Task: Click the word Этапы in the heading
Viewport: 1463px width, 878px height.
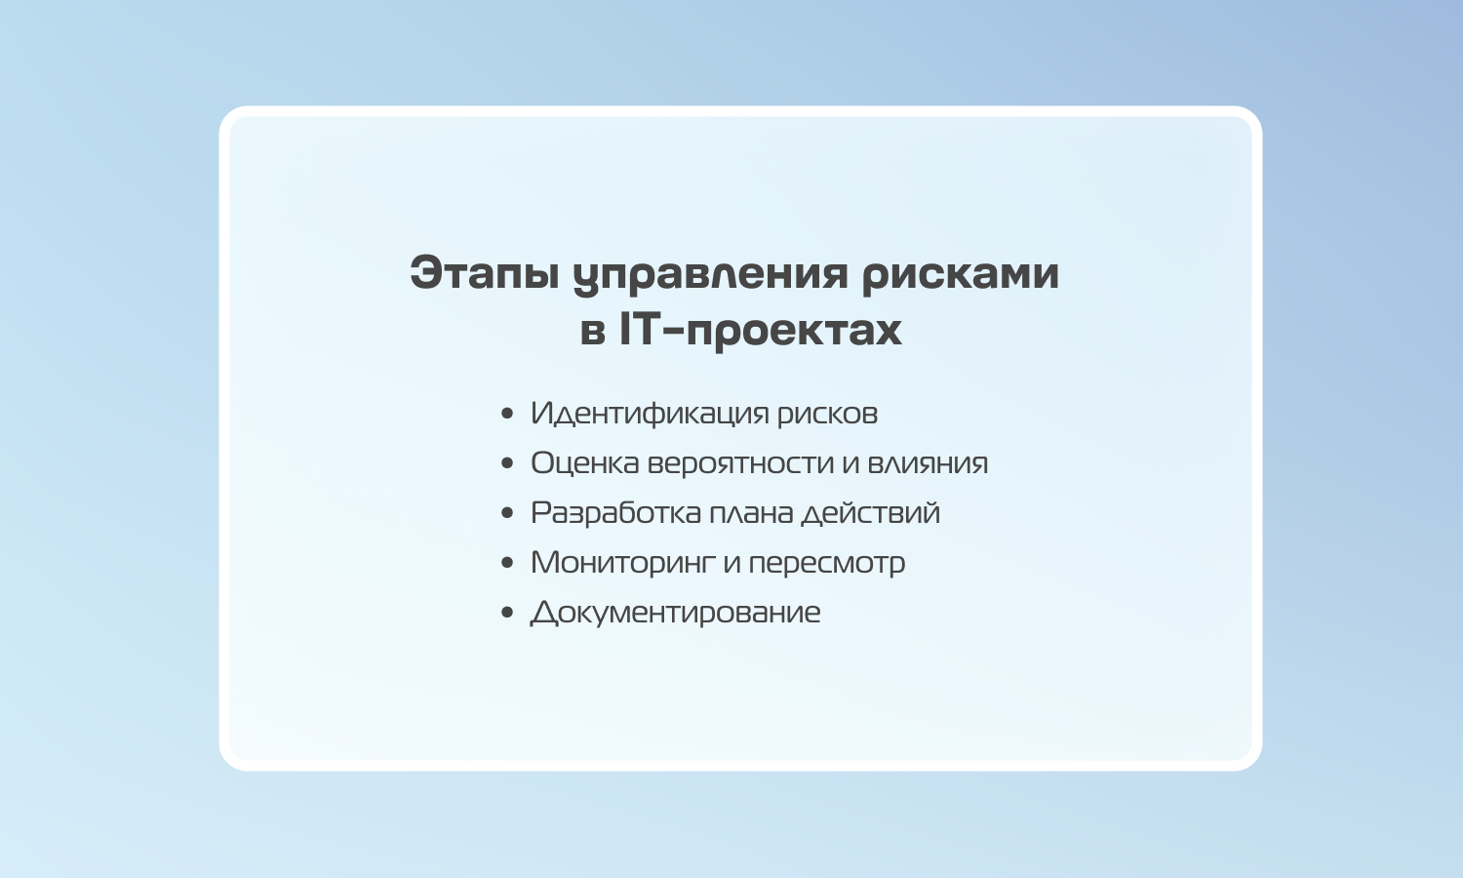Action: (x=484, y=272)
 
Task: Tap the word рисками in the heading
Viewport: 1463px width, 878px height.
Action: (x=960, y=275)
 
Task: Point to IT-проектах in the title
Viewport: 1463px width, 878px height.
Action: (x=760, y=331)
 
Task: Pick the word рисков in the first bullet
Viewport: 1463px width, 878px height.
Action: (x=827, y=416)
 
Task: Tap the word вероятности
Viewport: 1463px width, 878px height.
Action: (x=740, y=464)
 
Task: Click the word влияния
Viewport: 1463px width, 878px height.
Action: (x=928, y=462)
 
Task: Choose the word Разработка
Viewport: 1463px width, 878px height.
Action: (x=615, y=513)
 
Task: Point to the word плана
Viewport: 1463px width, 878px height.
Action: (x=751, y=513)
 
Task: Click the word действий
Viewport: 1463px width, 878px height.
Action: (x=871, y=512)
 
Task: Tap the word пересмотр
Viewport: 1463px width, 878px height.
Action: (x=827, y=564)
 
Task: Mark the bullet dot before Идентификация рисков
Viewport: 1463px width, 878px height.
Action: (x=507, y=414)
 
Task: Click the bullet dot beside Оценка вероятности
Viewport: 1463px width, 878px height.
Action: (x=507, y=463)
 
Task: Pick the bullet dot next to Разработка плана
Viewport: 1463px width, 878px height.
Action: (x=507, y=513)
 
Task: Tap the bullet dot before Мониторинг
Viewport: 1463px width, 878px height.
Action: (x=507, y=563)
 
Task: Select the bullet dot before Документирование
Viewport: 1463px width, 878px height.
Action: (x=507, y=612)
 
